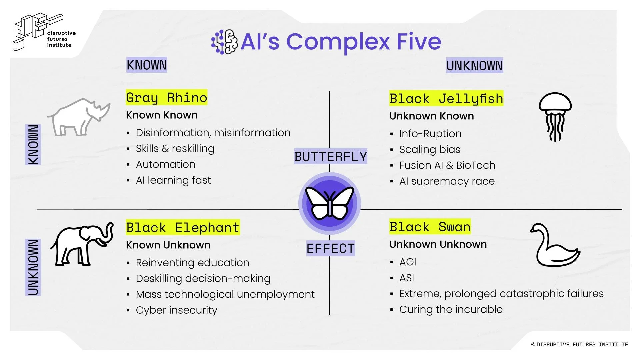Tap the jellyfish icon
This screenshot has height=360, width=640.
click(555, 116)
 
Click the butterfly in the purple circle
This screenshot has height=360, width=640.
click(329, 203)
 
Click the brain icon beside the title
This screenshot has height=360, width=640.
click(225, 42)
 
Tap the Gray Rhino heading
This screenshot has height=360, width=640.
click(166, 97)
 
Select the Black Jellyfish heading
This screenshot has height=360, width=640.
click(446, 98)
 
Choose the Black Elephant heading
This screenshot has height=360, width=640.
click(183, 227)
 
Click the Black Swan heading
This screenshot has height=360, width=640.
click(430, 227)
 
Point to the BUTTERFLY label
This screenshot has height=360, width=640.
click(330, 156)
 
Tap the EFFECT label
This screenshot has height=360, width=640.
click(330, 248)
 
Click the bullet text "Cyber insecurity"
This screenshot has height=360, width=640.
click(176, 310)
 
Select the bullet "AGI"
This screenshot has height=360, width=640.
click(408, 262)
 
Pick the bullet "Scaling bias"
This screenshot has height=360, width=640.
click(430, 150)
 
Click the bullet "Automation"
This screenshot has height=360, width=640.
click(165, 164)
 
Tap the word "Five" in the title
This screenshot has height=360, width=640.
click(419, 42)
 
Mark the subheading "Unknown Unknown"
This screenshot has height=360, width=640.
click(438, 244)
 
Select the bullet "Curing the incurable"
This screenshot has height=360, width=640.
click(451, 309)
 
